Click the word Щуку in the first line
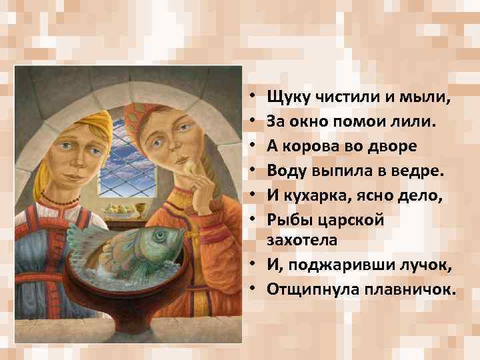point(287,97)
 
